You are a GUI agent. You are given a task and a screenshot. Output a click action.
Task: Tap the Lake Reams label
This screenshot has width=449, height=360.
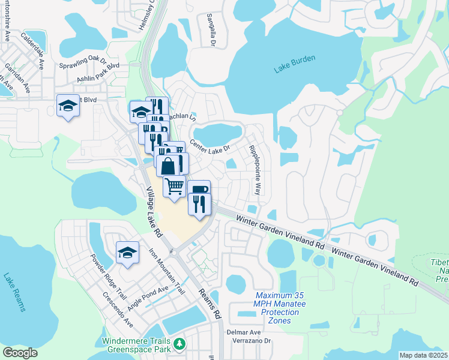coord(14,292)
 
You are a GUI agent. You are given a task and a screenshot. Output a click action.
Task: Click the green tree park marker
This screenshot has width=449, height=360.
coord(179,344)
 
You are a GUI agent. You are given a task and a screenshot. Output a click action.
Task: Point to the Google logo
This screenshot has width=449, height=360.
coord(20,353)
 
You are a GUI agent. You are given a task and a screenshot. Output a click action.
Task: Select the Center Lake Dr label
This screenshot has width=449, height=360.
coord(210,146)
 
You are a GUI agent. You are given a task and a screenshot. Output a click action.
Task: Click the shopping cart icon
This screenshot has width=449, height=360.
coord(174,187)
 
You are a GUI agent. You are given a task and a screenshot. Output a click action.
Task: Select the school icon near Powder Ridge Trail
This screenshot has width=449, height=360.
coord(127,253)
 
